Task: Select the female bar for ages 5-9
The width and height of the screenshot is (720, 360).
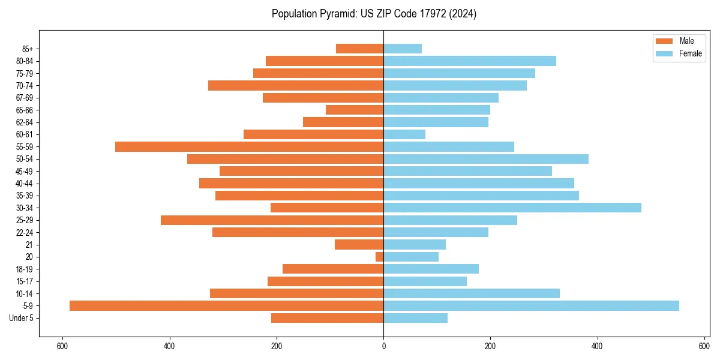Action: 531,305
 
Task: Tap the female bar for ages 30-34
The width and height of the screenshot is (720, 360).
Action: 512,208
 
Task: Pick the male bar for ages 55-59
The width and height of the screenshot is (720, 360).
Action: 249,146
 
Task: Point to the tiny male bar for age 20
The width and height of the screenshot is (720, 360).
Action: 379,257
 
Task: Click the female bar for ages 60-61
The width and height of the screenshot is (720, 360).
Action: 404,134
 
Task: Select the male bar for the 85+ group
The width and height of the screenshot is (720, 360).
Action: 359,49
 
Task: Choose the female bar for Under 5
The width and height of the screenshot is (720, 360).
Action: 415,318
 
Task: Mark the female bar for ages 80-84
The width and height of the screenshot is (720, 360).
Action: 470,61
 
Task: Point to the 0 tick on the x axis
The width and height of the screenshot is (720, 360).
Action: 383,346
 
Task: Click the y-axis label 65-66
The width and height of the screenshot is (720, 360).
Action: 25,110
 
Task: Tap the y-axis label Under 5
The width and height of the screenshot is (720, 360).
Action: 21,318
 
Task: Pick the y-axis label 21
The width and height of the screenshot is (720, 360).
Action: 29,245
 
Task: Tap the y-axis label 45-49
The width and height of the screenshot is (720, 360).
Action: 25,171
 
